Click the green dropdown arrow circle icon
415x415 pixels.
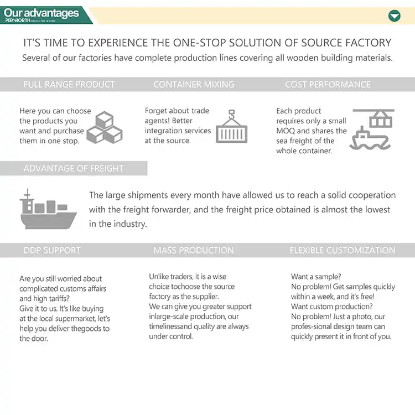(x=394, y=15)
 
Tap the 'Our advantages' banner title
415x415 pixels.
(x=41, y=12)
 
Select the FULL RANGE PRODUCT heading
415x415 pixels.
(x=69, y=85)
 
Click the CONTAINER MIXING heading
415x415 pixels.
(x=194, y=85)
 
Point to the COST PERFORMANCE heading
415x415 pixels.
(x=328, y=85)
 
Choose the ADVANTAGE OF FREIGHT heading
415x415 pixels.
(x=74, y=168)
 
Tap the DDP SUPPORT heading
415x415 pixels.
(x=52, y=251)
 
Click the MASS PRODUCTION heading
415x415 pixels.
(x=194, y=251)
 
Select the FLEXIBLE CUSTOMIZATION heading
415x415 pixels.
(x=343, y=251)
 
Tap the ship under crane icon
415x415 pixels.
(x=371, y=129)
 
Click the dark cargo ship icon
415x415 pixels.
(x=48, y=210)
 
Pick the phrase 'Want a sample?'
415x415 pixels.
(x=316, y=277)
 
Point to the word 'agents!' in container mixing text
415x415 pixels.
(x=158, y=121)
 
